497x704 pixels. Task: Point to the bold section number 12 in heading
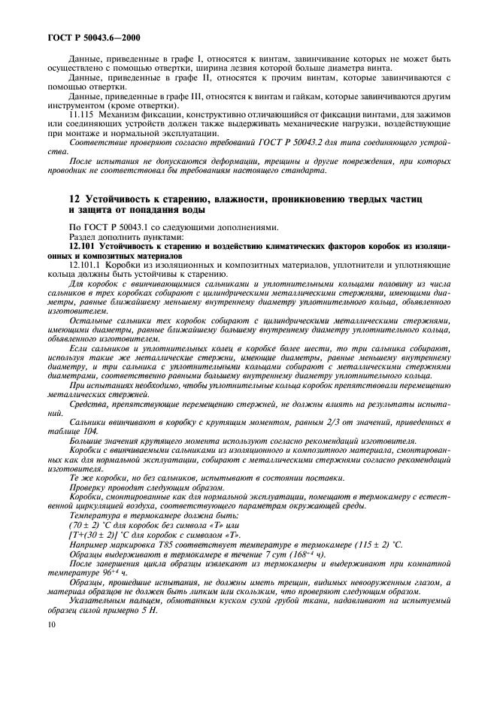click(53, 198)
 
